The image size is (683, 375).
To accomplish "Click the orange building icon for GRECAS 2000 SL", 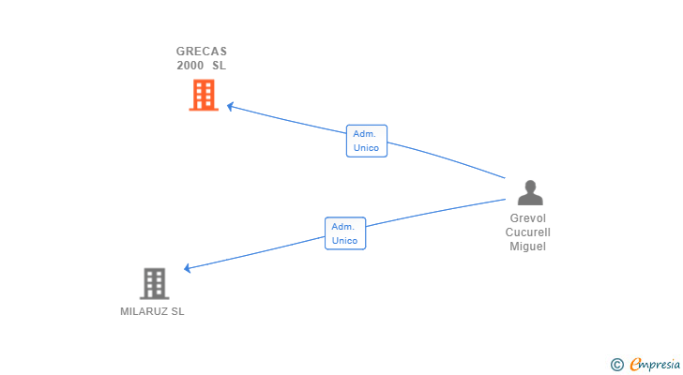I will coord(204,95).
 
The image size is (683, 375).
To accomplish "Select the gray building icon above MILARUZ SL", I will coord(154,283).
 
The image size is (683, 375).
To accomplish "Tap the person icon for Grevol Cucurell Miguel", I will coord(530,192).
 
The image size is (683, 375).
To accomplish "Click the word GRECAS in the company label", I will coord(202,52).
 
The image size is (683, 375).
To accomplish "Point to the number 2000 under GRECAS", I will coord(190,66).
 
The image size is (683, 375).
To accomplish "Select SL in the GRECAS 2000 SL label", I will coord(219,66).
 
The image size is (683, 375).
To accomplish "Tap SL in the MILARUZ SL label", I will coord(177,311).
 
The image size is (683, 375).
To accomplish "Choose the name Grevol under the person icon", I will coord(527,218).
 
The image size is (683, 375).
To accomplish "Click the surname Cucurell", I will coord(527,232).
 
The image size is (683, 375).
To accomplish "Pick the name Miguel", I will coord(527,247).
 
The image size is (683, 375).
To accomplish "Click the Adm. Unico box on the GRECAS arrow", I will coord(366,141).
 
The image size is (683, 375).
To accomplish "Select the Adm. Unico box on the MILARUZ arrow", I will coord(345,232).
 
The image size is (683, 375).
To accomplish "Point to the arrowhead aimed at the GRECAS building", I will coord(230,107).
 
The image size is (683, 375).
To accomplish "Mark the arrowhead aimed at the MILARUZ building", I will coord(188,268).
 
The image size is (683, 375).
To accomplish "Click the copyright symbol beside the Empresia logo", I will coord(616,364).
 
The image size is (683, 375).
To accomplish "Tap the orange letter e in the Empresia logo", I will coord(635,364).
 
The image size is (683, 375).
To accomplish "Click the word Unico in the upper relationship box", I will coord(366,148).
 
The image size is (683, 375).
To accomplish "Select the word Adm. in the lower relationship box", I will coord(343,226).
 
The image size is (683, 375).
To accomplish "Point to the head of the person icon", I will coord(530,186).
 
